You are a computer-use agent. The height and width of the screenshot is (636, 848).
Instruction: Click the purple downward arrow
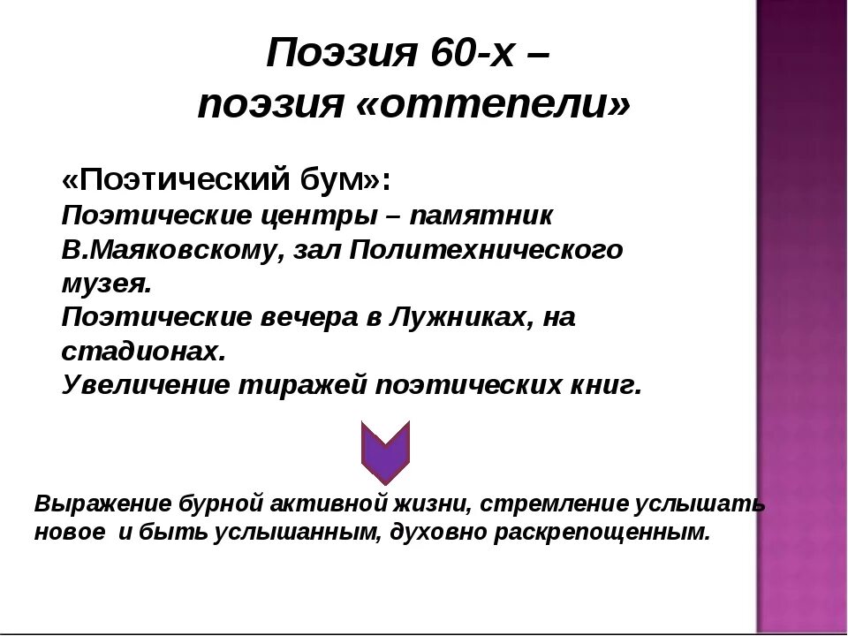386,451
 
